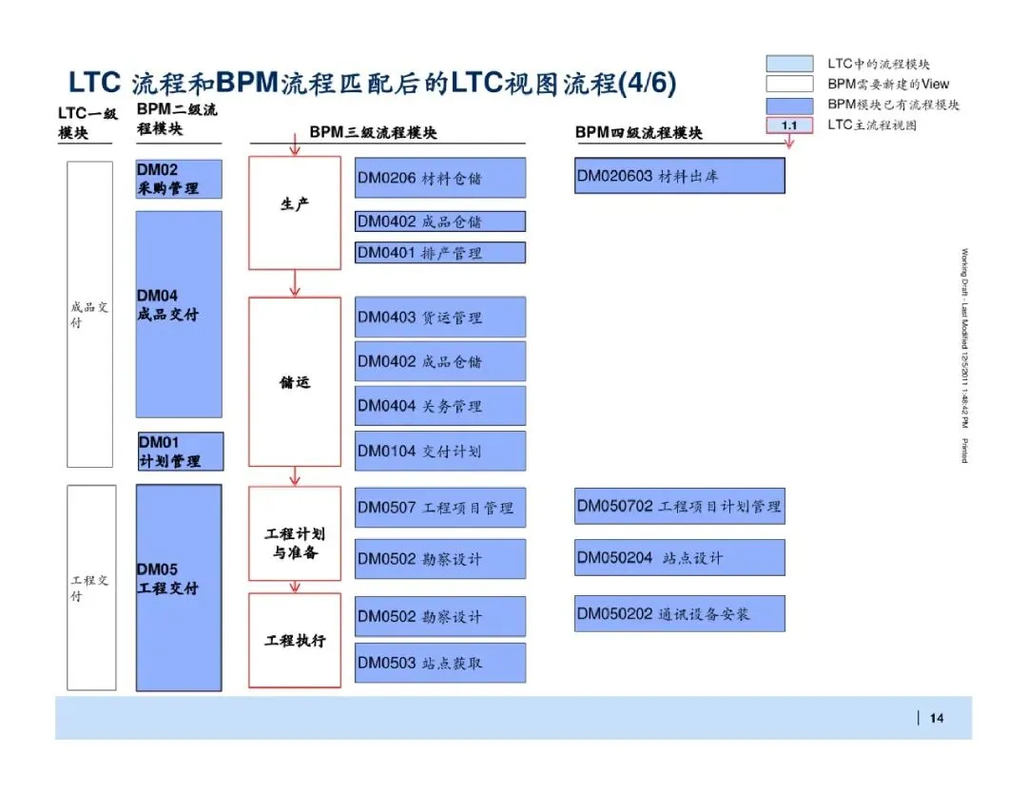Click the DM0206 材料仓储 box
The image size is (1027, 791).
pos(439,178)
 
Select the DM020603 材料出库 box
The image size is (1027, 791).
pos(679,176)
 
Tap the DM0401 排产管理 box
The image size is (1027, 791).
pos(439,253)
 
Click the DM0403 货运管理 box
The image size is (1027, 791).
pos(439,318)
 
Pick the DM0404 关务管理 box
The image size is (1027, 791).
pos(439,406)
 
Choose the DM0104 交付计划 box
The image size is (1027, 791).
pos(439,452)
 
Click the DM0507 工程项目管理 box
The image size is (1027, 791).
pos(439,508)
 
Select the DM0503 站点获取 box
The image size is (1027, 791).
pos(439,663)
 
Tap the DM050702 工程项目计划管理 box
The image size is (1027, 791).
pos(679,507)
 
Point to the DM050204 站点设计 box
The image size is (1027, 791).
pos(679,558)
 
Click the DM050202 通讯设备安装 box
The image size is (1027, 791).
pos(679,614)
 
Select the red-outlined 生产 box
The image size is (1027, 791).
pos(295,212)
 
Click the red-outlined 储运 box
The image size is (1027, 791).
pos(295,382)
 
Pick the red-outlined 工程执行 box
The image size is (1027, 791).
pos(295,640)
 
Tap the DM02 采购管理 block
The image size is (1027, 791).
pos(180,179)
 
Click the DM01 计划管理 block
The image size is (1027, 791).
pos(181,452)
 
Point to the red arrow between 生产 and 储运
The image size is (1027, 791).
pos(295,283)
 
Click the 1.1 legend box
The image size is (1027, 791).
pos(789,125)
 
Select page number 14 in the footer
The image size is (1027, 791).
pos(937,719)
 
